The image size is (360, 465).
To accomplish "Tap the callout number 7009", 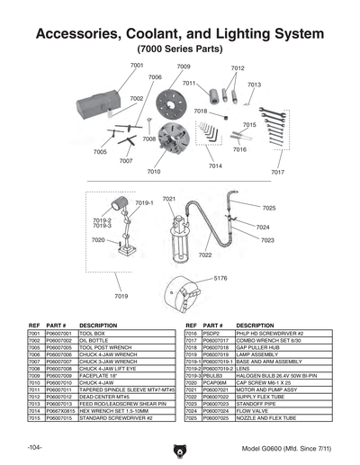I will [183, 67].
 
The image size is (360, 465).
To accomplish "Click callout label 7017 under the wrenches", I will [277, 171].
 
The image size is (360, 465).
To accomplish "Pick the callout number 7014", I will [215, 166].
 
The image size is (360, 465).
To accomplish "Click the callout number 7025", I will [269, 208].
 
